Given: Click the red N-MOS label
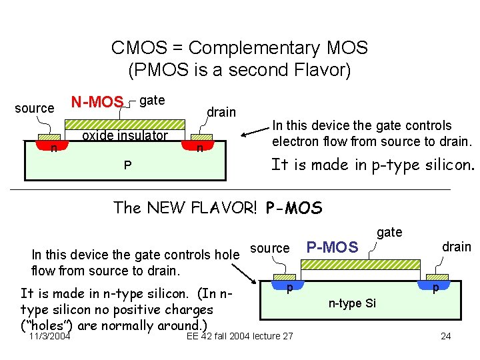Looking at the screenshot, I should coord(97,102).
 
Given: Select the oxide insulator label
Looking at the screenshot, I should coord(125,136).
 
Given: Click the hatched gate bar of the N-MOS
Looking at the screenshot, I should coord(125,124).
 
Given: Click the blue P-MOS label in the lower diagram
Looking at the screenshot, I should coord(331,247).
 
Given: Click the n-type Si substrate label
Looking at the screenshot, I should coord(352,303).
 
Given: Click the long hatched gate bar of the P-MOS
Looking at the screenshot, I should coord(361,267).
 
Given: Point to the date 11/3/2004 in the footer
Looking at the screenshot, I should coord(50,335).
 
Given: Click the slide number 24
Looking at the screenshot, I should coord(446,335).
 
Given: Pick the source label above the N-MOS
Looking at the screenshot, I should coord(35,108).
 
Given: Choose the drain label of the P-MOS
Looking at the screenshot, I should coord(456,247).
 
